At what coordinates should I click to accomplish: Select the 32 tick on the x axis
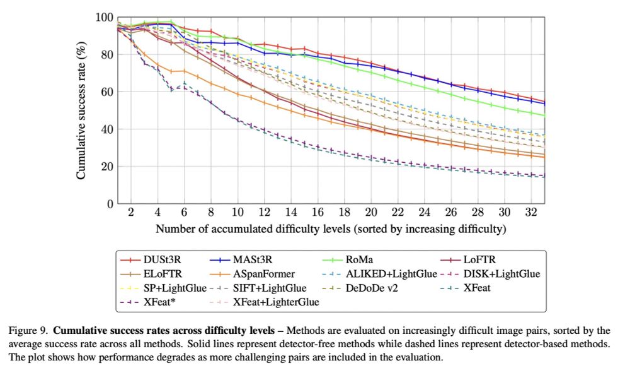click(530, 213)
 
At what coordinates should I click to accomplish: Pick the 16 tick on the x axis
click(318, 213)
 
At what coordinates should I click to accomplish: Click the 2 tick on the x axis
click(131, 213)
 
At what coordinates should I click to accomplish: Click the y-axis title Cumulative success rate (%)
click(82, 110)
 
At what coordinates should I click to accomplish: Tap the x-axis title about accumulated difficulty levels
click(331, 228)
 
